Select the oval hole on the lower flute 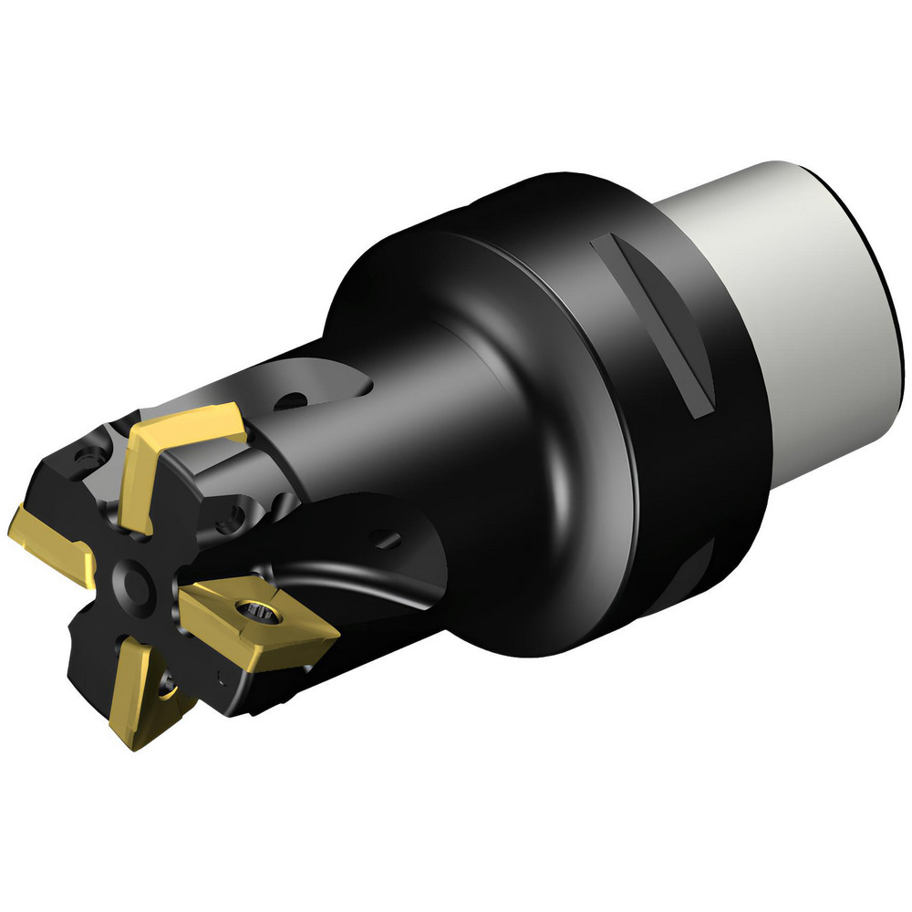coord(388,541)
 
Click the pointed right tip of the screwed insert coord(338,628)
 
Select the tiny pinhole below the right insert coord(223,677)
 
